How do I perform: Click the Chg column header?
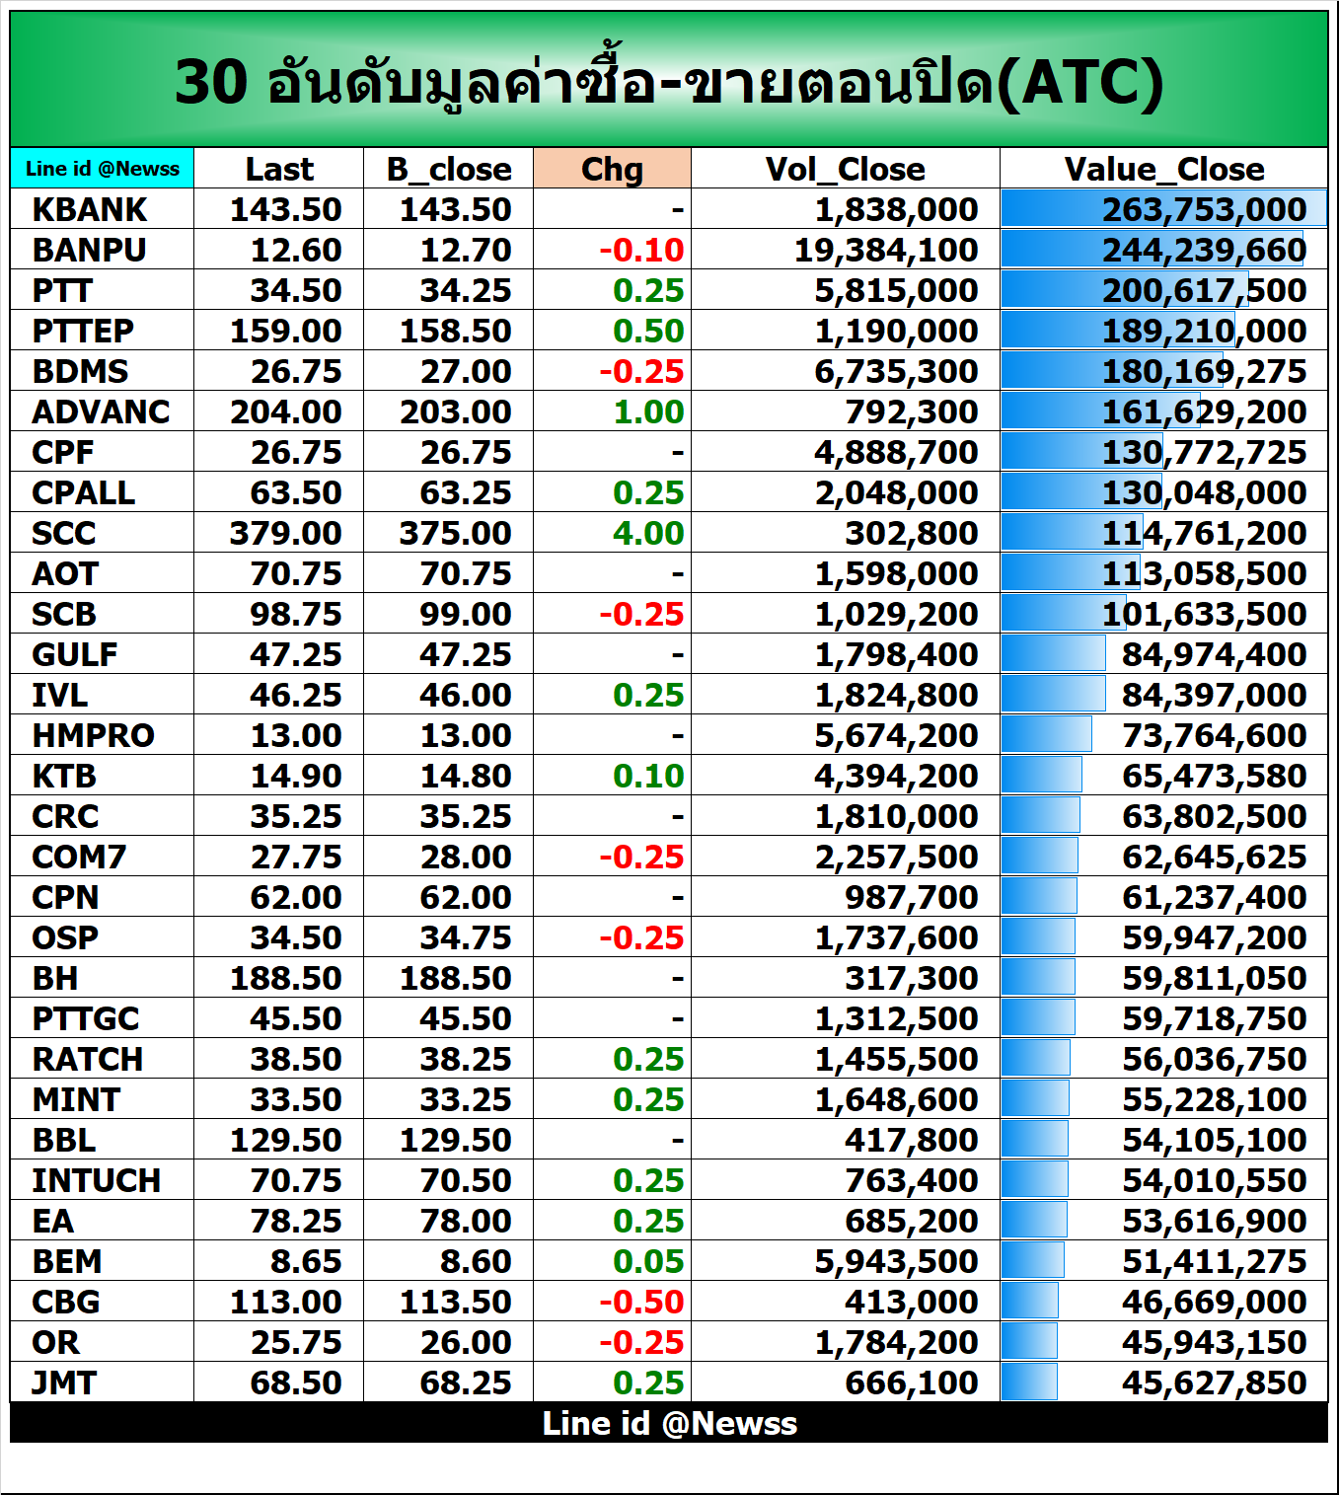click(612, 169)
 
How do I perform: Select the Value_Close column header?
click(1163, 169)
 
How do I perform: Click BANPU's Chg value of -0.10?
click(641, 250)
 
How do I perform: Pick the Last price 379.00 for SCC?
click(285, 533)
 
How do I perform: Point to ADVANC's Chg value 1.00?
click(648, 411)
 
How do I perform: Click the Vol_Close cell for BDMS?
click(896, 371)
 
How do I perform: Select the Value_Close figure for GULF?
click(1214, 654)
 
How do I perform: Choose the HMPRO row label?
click(93, 735)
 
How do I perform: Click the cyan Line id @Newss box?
click(103, 168)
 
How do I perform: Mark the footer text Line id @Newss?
click(669, 1423)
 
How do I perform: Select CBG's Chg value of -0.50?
click(641, 1302)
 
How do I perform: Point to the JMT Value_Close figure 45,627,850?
click(1214, 1383)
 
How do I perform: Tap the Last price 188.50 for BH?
click(285, 978)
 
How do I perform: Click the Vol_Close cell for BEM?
click(896, 1261)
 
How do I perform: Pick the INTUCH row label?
click(96, 1180)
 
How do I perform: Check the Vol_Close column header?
click(845, 169)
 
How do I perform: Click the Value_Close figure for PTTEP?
click(1204, 331)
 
